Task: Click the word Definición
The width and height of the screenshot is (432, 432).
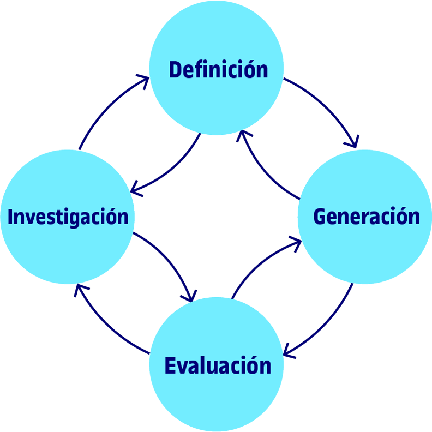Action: pos(218,70)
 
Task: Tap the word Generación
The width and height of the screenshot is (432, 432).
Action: pos(367,217)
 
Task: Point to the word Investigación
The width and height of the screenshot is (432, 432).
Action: pos(68,217)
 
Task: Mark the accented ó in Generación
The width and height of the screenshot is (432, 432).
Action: pos(401,217)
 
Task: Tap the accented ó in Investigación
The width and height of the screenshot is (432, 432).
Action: pos(109,217)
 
